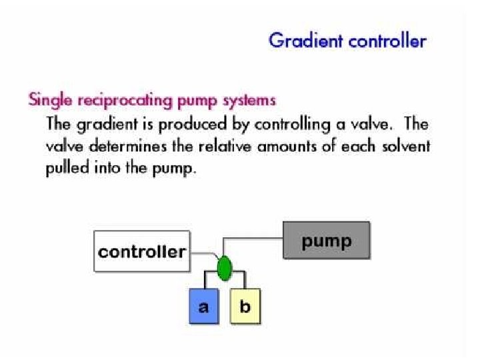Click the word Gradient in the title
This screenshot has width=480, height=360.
tap(301, 41)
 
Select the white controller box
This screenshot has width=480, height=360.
tap(141, 252)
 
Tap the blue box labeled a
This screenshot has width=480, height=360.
tap(203, 307)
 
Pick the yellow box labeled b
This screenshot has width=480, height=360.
tap(244, 307)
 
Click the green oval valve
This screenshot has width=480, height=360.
tap(224, 267)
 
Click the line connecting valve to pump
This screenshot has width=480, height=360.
tap(253, 238)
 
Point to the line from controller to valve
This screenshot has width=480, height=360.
tap(203, 253)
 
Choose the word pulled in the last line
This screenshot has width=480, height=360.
tap(65, 168)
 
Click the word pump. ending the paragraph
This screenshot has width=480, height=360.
tap(175, 169)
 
